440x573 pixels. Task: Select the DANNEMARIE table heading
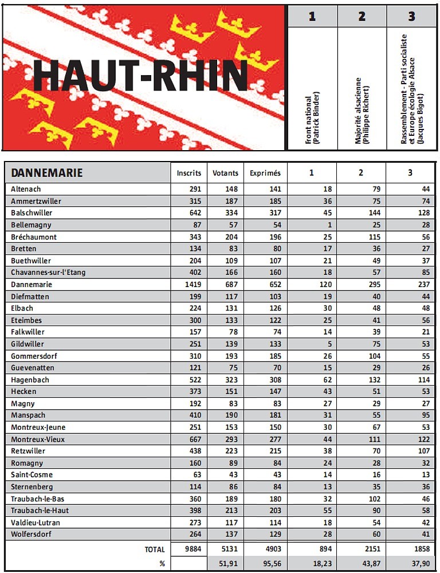[x=47, y=173]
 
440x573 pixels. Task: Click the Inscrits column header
[x=189, y=173]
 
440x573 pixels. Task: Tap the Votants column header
[x=225, y=173]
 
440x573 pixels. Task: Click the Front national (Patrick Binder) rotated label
[x=312, y=117]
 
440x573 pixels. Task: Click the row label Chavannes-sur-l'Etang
[x=48, y=273]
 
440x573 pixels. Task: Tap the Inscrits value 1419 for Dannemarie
[x=194, y=285]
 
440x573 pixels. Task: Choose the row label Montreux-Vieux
[x=38, y=439]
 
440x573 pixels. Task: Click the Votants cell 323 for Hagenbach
[x=231, y=380]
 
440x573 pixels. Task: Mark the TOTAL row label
[x=155, y=550]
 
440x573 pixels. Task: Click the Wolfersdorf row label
[x=32, y=535]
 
